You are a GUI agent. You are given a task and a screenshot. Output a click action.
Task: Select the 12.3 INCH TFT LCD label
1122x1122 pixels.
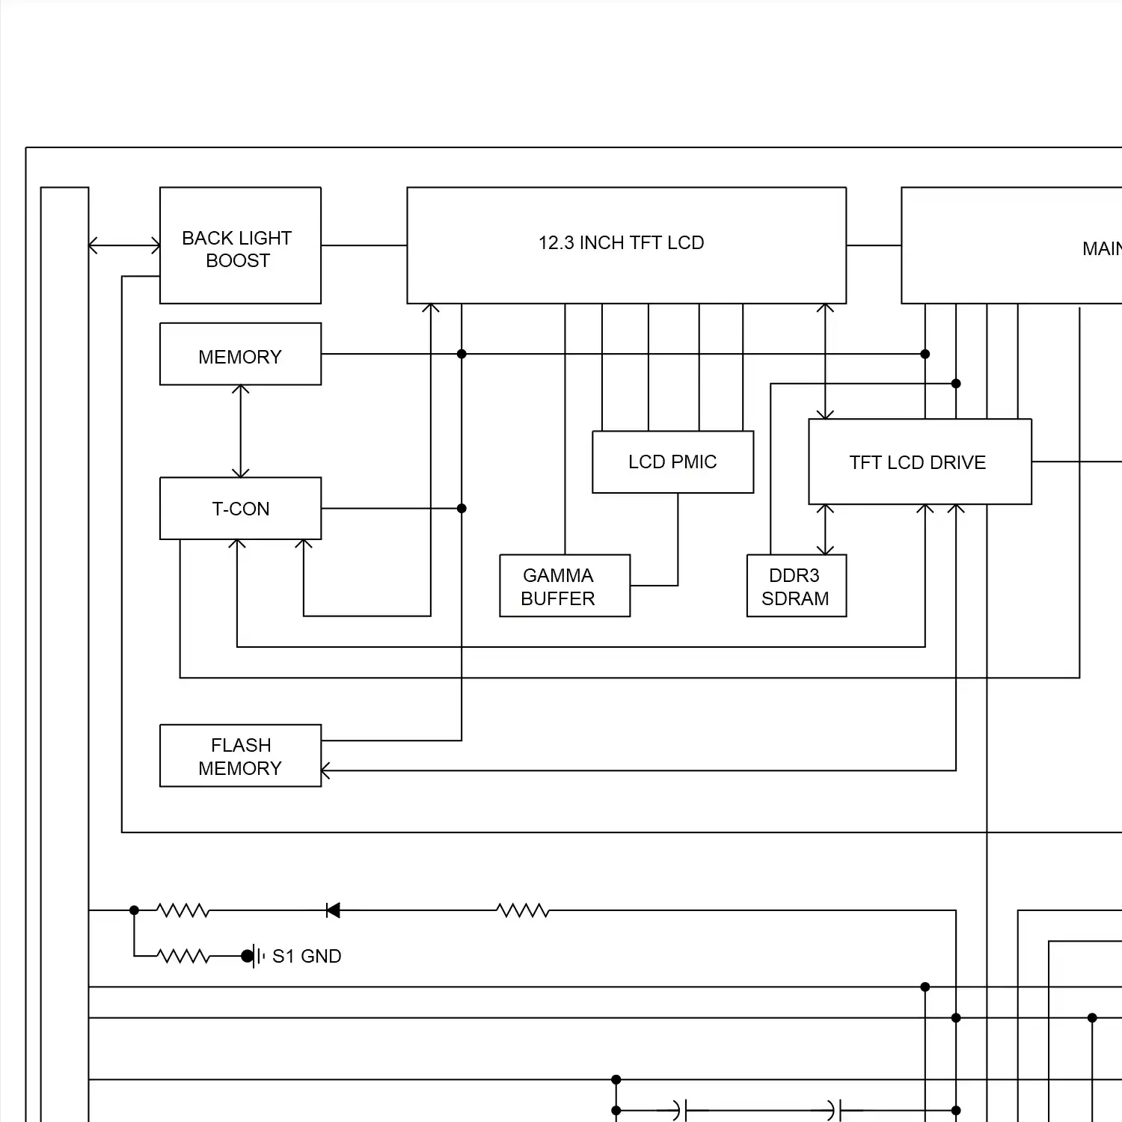pyautogui.click(x=621, y=243)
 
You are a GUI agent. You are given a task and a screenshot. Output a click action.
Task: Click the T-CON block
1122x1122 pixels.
pyautogui.click(x=240, y=509)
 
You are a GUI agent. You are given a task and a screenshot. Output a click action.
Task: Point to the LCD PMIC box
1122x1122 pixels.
pyautogui.click(x=672, y=462)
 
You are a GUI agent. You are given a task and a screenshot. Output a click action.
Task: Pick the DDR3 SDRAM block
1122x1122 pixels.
pyautogui.click(x=796, y=586)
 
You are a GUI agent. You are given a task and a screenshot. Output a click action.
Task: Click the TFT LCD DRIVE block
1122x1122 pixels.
pyautogui.click(x=919, y=462)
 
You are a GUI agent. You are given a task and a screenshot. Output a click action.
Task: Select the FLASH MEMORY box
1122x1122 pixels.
pyautogui.click(x=240, y=755)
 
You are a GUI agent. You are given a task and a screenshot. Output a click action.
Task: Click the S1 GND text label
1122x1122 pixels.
pyautogui.click(x=307, y=956)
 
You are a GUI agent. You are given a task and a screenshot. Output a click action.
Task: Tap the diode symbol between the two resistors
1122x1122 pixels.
pyautogui.click(x=333, y=910)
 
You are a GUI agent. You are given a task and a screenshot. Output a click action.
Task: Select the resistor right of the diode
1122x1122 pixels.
pyautogui.click(x=523, y=910)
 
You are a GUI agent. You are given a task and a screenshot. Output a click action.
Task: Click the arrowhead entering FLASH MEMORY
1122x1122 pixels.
pyautogui.click(x=325, y=770)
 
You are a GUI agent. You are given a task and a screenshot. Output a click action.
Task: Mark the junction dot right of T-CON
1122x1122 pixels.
pyautogui.click(x=462, y=509)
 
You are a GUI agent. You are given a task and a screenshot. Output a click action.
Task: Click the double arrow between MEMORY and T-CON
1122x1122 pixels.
pyautogui.click(x=240, y=432)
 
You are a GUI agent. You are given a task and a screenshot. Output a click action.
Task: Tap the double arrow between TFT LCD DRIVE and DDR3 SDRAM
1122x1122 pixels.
pyautogui.click(x=825, y=530)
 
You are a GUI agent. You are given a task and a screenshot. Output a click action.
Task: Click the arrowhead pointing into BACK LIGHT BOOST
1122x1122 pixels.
pyautogui.click(x=156, y=245)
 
